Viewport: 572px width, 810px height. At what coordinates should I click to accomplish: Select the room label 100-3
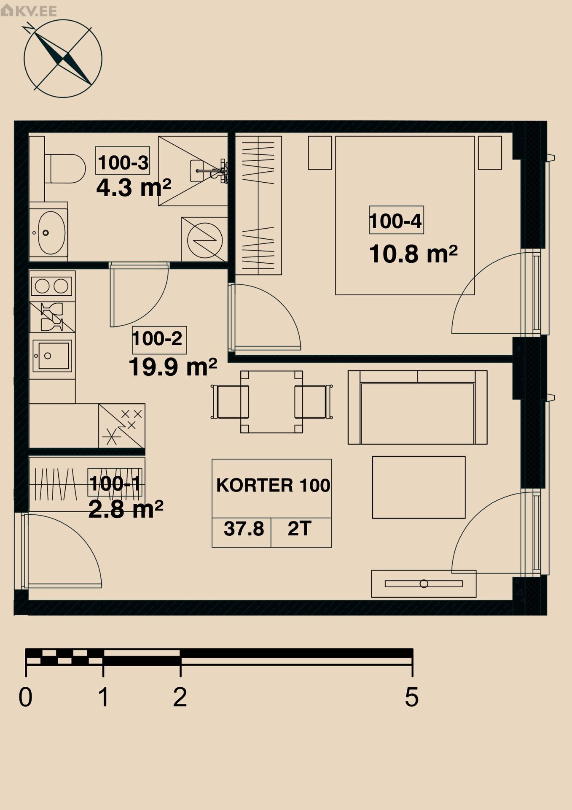tap(123, 162)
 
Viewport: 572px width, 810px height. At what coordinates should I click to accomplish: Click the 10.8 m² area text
tap(413, 254)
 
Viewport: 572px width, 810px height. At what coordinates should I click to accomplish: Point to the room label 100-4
tap(396, 221)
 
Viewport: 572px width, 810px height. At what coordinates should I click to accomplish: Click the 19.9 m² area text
tap(173, 367)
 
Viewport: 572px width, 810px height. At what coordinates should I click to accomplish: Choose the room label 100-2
tap(158, 339)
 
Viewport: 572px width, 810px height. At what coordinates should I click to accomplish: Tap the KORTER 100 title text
tap(273, 485)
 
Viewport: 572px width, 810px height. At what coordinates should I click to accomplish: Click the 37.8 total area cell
tap(244, 529)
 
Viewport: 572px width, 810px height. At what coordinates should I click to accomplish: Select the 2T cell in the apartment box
tap(299, 529)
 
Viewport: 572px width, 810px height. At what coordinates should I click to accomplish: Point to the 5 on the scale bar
tap(412, 697)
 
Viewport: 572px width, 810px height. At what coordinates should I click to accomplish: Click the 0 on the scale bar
tap(25, 697)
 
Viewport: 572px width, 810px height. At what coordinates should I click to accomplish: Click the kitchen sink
tap(52, 356)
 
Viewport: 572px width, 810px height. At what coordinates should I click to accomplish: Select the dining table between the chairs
tap(271, 402)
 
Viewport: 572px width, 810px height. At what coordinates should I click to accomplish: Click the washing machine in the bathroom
tap(204, 240)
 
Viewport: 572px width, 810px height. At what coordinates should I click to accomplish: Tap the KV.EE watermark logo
tap(29, 10)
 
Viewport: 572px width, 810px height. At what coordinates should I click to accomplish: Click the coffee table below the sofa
tap(419, 487)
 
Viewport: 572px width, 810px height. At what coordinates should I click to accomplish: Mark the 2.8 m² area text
tap(126, 509)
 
